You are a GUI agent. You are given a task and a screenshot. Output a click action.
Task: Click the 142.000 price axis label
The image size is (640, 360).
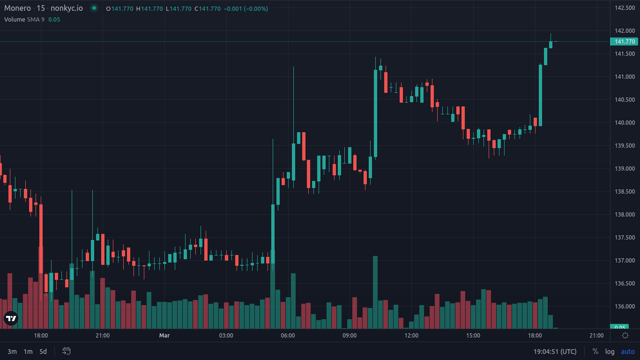625,31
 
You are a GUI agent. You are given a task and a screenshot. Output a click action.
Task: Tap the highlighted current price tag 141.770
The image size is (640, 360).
625,42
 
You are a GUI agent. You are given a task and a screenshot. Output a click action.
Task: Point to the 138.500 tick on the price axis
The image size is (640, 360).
625,192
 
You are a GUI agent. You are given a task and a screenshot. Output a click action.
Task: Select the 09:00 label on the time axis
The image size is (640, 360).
350,336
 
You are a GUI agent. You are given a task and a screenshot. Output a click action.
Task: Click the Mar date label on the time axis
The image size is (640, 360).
164,336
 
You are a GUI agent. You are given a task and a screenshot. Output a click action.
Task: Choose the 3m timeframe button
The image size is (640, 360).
12,352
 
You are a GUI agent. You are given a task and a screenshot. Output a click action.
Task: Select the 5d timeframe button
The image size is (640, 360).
43,352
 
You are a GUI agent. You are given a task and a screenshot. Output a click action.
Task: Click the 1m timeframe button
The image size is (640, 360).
28,352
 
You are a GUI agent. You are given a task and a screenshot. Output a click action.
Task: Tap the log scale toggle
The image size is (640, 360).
610,352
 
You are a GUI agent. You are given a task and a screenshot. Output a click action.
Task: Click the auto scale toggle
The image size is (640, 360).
628,352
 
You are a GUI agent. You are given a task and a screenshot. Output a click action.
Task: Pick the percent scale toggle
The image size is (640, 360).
595,352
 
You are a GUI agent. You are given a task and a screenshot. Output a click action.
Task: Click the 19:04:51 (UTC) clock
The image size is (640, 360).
555,352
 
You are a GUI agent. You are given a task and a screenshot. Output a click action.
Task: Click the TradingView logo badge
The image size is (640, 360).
11,318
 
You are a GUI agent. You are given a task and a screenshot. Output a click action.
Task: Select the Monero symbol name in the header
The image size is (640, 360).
17,8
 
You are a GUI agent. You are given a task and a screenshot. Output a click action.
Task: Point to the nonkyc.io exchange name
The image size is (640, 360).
67,8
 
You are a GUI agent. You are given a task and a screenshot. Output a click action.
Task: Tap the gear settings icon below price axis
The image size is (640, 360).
625,335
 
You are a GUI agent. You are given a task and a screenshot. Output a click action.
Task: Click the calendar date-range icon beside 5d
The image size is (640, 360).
67,351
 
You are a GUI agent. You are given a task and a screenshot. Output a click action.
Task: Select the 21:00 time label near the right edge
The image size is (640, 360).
596,336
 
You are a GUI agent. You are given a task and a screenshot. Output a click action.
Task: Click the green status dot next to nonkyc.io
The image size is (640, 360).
94,8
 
